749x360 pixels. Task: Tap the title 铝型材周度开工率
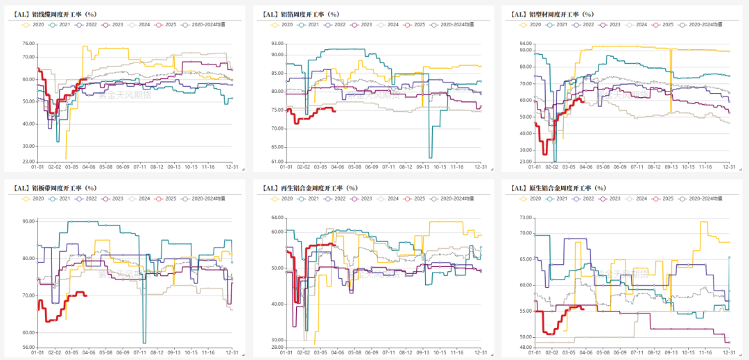(x=552, y=14)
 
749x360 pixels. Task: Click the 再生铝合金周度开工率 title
(x=310, y=187)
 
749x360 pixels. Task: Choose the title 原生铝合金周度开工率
(x=560, y=187)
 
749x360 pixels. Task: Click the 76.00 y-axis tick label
(x=28, y=44)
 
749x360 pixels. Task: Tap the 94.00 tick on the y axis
(x=524, y=44)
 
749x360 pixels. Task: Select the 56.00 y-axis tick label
(x=28, y=348)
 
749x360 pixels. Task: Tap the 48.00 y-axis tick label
(x=524, y=348)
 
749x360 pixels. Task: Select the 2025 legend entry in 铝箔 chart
(x=414, y=24)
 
